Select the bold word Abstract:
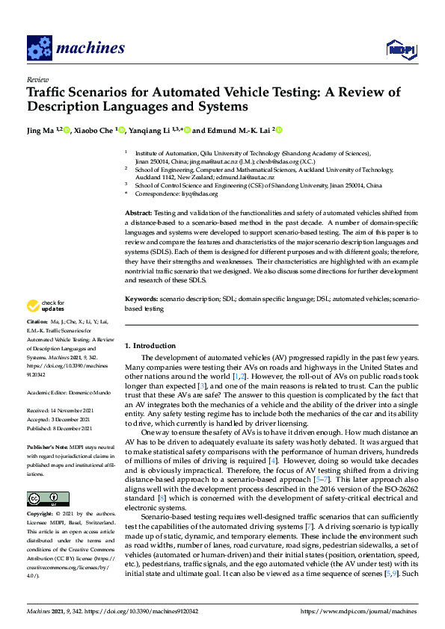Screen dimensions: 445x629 click(138, 214)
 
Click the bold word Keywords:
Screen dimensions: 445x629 click(142, 299)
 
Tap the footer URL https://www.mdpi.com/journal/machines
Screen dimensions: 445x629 click(358, 612)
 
